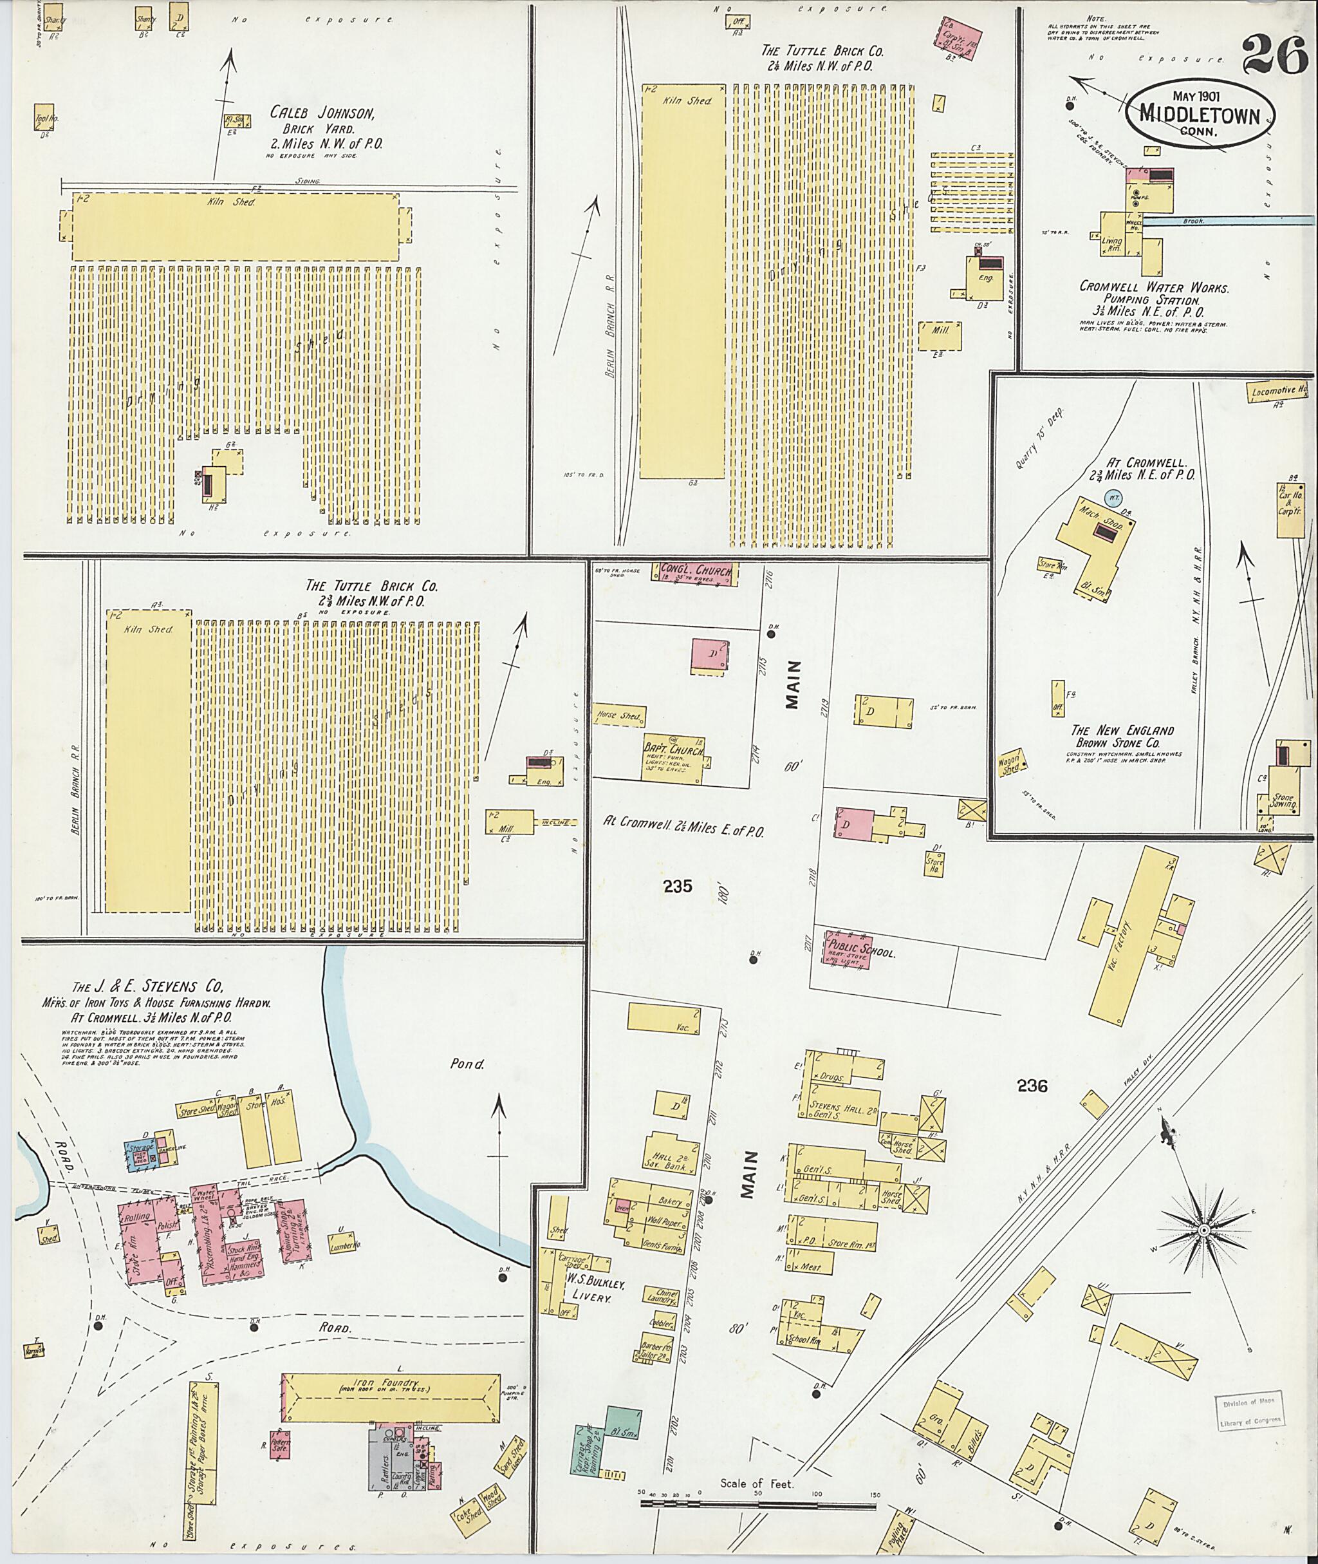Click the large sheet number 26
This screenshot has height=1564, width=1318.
pos(1275,57)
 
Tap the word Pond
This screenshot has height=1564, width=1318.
pos(467,1064)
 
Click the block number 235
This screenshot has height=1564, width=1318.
pos(677,887)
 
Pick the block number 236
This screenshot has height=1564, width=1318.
pos(1032,1085)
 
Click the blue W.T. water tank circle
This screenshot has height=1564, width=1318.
pos(1113,496)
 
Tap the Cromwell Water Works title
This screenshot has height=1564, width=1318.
pos(1155,287)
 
